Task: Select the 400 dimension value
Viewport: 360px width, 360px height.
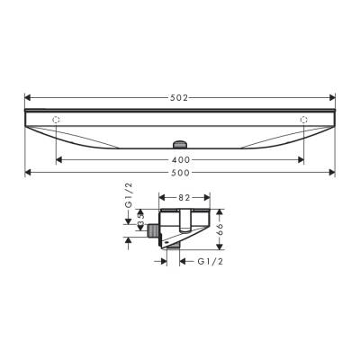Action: click(x=180, y=158)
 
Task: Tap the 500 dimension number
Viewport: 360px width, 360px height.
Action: click(x=180, y=171)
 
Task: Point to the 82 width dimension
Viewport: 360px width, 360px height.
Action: click(x=184, y=195)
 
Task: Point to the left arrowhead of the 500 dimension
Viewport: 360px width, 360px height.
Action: click(x=27, y=171)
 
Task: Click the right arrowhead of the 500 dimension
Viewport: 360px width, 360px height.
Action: click(x=333, y=171)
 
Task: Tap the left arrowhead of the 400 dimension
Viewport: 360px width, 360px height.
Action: click(x=58, y=158)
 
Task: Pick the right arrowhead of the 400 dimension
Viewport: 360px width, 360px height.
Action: click(x=301, y=158)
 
